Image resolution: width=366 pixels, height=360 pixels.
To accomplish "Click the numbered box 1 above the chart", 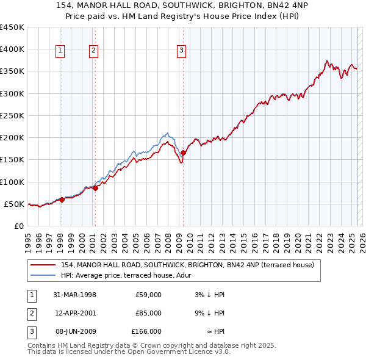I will click(61, 51).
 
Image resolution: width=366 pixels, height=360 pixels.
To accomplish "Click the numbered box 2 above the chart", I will click(94, 51).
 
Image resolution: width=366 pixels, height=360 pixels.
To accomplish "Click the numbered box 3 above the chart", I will click(182, 51).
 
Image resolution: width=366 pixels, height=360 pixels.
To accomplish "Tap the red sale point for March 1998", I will click(62, 200).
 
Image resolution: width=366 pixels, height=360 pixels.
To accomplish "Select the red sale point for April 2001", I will click(95, 189).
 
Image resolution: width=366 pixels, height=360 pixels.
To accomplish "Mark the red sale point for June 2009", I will click(184, 153).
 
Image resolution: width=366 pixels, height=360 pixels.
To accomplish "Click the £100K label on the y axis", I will click(12, 182).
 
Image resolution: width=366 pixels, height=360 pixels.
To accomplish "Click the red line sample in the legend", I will click(43, 265).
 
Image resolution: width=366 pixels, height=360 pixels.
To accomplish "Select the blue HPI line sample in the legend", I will click(43, 275).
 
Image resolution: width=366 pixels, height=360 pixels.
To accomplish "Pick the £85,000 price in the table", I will click(148, 313).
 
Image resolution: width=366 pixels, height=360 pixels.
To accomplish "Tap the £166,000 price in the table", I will click(146, 331).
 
